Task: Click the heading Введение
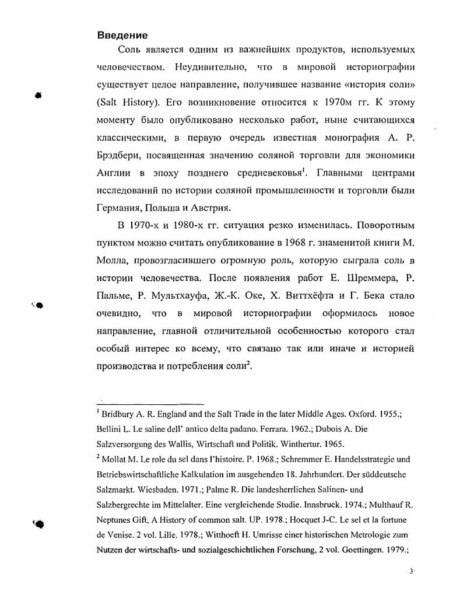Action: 122,36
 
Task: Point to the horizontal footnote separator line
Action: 150,403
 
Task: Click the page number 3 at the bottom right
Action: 411,572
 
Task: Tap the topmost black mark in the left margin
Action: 38,95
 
